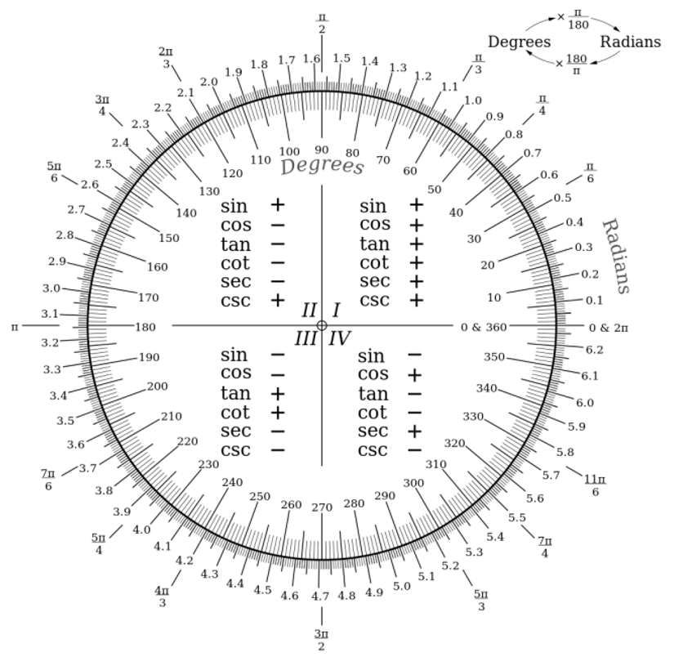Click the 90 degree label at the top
click(x=322, y=150)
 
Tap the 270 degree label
click(x=322, y=507)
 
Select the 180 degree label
click(x=145, y=327)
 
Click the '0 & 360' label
click(x=484, y=327)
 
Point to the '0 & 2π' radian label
click(x=609, y=328)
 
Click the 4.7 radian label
click(x=320, y=597)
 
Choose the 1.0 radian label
click(x=473, y=101)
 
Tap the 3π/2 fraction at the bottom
click(x=321, y=640)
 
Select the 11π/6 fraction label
click(x=595, y=485)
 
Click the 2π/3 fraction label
click(x=166, y=57)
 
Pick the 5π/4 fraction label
click(x=99, y=543)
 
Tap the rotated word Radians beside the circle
click(x=616, y=256)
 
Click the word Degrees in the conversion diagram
click(x=520, y=42)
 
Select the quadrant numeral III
click(x=306, y=339)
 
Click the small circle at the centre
click(x=322, y=326)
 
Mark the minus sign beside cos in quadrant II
click(x=278, y=226)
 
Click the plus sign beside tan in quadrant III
click(x=278, y=393)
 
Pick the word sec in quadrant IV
click(x=373, y=431)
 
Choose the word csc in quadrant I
click(x=375, y=301)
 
